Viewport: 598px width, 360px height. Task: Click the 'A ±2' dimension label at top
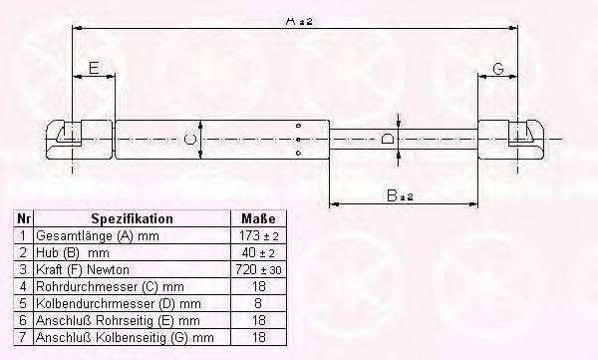pyautogui.click(x=299, y=21)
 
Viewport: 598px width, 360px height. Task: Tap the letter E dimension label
pyautogui.click(x=94, y=68)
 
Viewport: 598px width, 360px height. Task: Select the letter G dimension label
pyautogui.click(x=498, y=69)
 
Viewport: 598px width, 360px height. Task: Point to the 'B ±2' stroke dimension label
pyautogui.click(x=400, y=195)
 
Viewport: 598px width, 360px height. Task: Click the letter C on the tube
pyautogui.click(x=190, y=139)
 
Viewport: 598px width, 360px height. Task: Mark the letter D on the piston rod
pyautogui.click(x=387, y=139)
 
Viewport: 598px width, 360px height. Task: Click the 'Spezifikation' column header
pyautogui.click(x=132, y=218)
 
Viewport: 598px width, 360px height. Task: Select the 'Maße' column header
pyautogui.click(x=258, y=218)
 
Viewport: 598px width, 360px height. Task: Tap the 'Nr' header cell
pyautogui.click(x=24, y=218)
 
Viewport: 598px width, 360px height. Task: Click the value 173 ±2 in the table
pyautogui.click(x=258, y=236)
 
